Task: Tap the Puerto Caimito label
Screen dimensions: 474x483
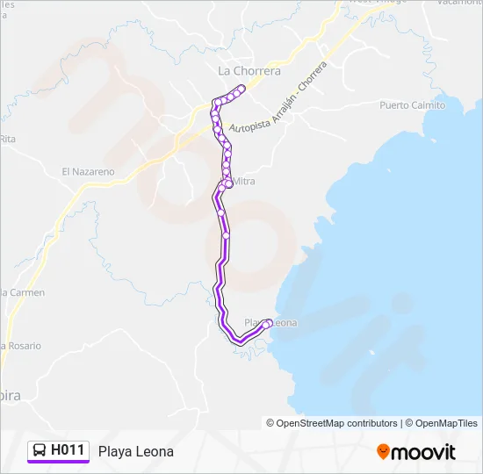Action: [411, 105]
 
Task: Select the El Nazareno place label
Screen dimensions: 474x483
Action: [88, 172]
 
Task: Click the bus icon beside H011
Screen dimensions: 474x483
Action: [40, 451]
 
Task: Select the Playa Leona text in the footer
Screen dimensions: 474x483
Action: [136, 451]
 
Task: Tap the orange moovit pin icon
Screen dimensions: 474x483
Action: [383, 452]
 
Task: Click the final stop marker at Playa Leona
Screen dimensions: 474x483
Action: [266, 326]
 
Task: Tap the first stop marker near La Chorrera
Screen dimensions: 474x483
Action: [241, 88]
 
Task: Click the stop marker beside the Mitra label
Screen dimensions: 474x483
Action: [228, 183]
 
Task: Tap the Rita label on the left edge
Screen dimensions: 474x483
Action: [8, 139]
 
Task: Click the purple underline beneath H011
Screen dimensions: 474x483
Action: [58, 463]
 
